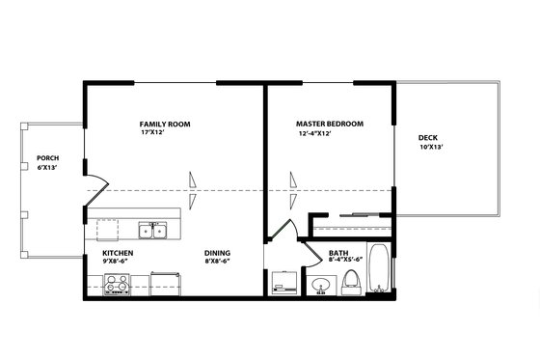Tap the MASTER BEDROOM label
(x=329, y=125)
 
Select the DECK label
(x=427, y=138)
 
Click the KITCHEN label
(x=118, y=253)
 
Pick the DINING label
(x=216, y=253)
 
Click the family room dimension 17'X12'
(x=154, y=133)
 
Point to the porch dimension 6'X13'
(x=47, y=167)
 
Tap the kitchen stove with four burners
(x=118, y=284)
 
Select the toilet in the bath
(x=351, y=282)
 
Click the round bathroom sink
(x=322, y=285)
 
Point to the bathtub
(x=378, y=272)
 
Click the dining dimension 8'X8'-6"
(x=217, y=262)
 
